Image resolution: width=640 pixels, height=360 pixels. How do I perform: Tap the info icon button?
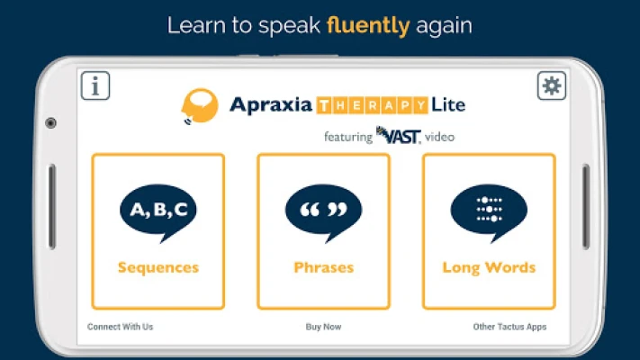[x=95, y=85]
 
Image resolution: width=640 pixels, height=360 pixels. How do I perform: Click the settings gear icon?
[x=552, y=85]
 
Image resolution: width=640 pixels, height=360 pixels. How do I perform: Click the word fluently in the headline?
[x=368, y=26]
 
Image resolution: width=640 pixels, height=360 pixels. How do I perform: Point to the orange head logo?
[x=199, y=106]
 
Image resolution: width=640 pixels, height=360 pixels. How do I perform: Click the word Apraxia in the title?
[x=271, y=105]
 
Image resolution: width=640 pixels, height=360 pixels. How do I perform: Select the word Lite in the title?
[x=448, y=104]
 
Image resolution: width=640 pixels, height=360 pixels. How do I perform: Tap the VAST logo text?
[x=398, y=136]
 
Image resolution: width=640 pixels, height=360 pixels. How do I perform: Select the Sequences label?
[x=158, y=268]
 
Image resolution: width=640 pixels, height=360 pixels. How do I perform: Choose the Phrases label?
[x=324, y=268]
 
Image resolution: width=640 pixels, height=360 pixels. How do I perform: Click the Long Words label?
[x=489, y=268]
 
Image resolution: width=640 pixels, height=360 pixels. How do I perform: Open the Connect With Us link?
[x=120, y=327]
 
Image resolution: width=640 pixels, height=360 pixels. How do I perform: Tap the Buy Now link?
[x=324, y=327]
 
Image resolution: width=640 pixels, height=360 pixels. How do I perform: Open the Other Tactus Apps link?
[x=509, y=327]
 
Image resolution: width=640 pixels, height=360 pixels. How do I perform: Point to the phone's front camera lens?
[x=51, y=123]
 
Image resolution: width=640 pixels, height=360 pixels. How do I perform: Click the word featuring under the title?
[x=348, y=137]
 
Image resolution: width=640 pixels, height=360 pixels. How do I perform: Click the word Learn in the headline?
[x=196, y=25]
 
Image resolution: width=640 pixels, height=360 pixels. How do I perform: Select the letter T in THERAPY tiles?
[x=324, y=105]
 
